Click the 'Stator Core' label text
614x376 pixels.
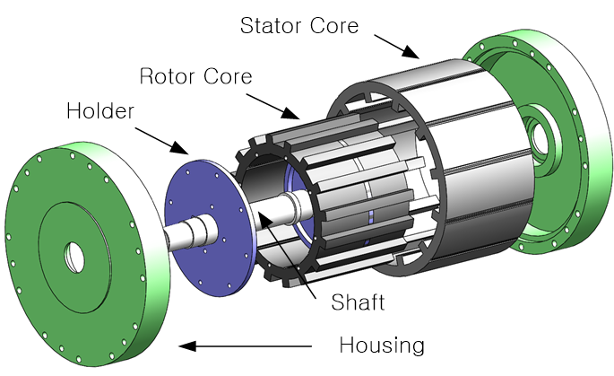pos(298,25)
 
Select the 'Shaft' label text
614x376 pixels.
pos(356,302)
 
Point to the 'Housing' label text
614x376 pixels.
pos(381,345)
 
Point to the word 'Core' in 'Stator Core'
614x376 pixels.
pos(333,25)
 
